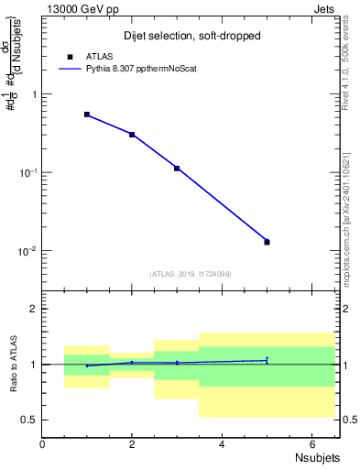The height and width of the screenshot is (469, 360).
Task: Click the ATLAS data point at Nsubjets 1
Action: (87, 115)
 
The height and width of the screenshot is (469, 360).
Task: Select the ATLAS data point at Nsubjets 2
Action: (132, 135)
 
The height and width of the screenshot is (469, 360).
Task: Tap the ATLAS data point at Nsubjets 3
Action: (177, 169)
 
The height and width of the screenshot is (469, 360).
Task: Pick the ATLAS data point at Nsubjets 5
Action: (267, 242)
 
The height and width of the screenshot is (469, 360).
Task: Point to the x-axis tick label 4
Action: (222, 444)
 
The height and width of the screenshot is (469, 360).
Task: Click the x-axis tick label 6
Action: (311, 444)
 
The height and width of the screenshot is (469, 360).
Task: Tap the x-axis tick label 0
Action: (42, 444)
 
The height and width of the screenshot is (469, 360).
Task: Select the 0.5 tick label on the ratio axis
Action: (29, 420)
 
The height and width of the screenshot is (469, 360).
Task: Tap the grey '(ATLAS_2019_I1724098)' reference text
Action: (191, 273)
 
